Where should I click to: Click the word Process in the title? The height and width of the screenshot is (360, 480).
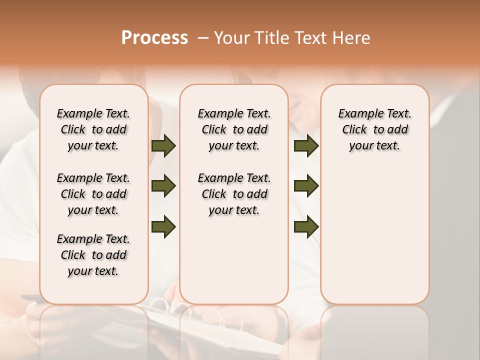point(154,38)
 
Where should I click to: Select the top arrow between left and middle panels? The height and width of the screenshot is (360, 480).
point(163,146)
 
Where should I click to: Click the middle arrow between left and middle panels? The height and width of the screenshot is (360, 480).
point(163,186)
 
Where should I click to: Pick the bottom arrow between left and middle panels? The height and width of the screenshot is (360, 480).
point(163,227)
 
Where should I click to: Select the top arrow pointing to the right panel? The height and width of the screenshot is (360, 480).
point(306,146)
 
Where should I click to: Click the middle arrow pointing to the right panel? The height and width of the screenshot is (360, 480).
point(306,186)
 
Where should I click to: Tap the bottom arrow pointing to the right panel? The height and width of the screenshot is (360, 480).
point(306,227)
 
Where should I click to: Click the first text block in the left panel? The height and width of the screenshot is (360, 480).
point(93,129)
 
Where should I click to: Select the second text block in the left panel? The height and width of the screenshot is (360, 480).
point(93,194)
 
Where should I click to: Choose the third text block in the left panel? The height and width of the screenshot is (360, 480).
point(93,255)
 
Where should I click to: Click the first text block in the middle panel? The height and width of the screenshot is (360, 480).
point(234,129)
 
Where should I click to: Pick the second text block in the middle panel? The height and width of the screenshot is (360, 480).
point(234,194)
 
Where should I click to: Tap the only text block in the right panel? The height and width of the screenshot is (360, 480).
point(375,129)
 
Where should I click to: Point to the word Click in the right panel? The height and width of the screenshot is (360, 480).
point(354,130)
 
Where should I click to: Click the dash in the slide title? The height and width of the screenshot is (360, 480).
point(203,38)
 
